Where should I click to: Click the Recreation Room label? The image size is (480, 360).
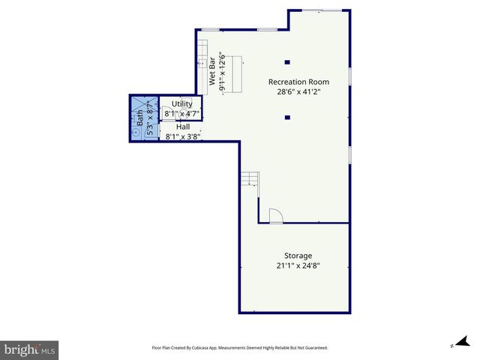298,82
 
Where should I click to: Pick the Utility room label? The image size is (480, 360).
181,103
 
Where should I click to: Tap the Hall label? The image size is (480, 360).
182,127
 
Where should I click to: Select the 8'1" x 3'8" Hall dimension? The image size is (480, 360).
182,136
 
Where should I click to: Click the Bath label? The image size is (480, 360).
139,118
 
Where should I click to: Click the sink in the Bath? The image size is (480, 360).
136,132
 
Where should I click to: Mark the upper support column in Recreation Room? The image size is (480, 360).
287,62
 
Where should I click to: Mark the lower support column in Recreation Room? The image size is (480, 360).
287,117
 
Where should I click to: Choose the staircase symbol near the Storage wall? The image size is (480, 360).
250,179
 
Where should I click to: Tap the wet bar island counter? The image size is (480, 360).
236,73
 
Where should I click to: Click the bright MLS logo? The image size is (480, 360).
29,349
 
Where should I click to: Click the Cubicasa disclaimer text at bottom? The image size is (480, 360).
240,348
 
